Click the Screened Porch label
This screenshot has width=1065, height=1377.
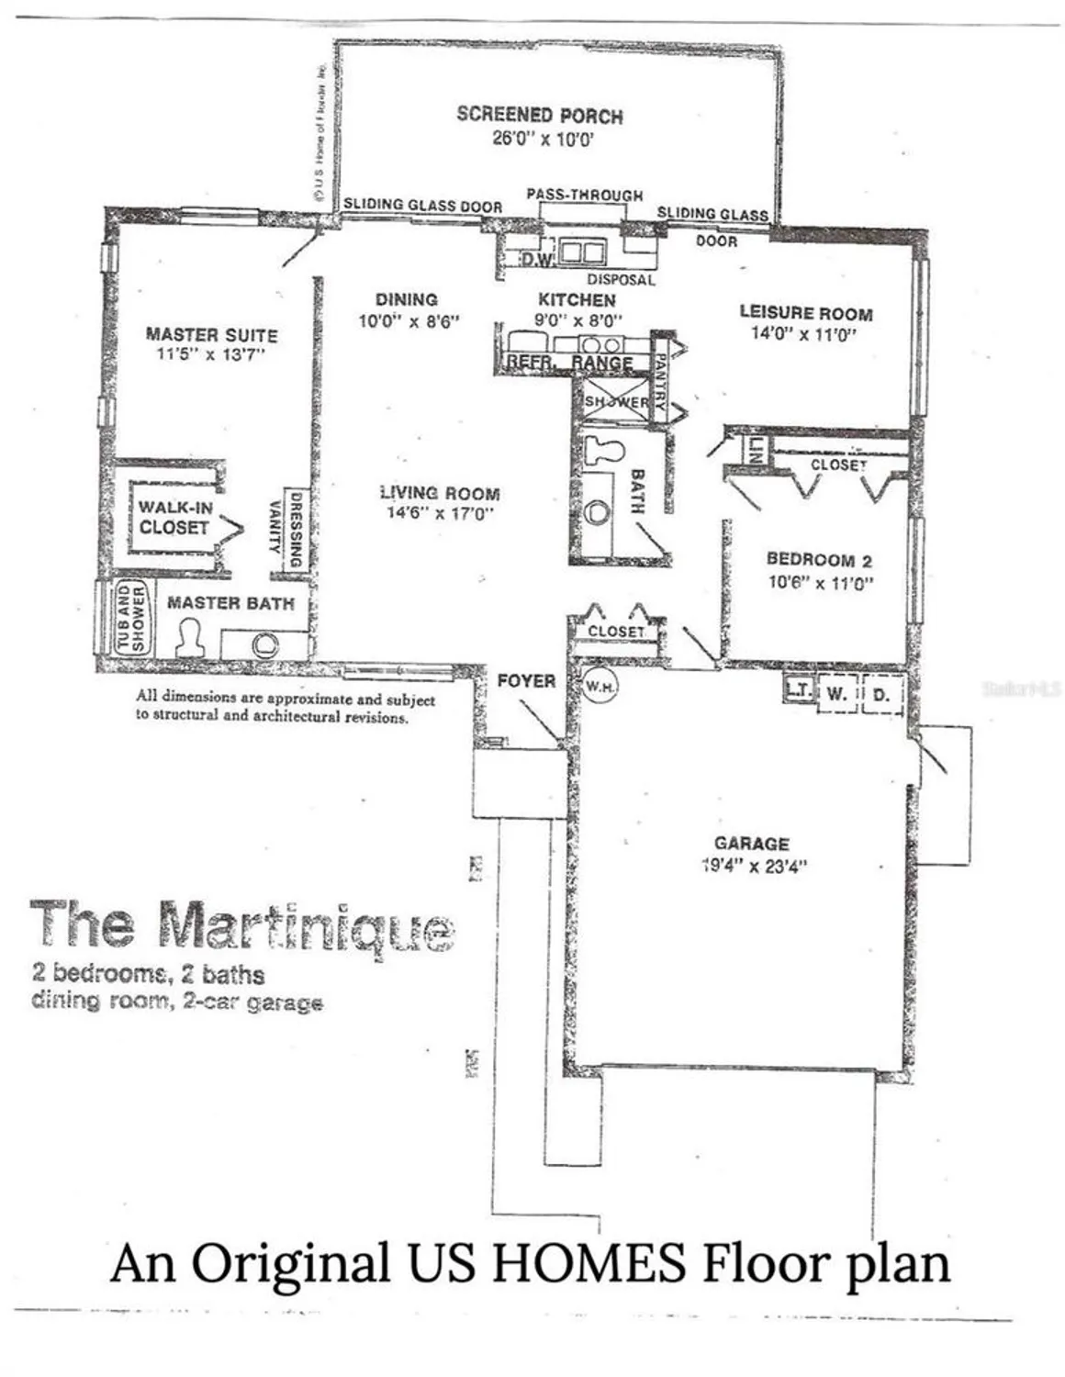pyautogui.click(x=540, y=116)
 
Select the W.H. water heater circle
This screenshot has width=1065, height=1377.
pyautogui.click(x=600, y=687)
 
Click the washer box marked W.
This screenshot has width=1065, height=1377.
pyautogui.click(x=835, y=694)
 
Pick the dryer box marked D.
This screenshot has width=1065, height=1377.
pyautogui.click(x=881, y=695)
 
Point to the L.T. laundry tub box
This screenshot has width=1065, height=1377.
pyautogui.click(x=798, y=688)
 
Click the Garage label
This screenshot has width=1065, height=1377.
pyautogui.click(x=751, y=843)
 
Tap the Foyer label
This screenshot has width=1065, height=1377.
pyautogui.click(x=526, y=680)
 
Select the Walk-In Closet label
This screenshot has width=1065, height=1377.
pyautogui.click(x=174, y=518)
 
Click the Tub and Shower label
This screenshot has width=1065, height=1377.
pyautogui.click(x=131, y=619)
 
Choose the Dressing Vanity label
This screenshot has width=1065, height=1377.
pyautogui.click(x=285, y=530)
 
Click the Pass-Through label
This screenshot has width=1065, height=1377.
pyautogui.click(x=584, y=195)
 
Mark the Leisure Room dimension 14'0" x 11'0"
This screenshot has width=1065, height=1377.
pyautogui.click(x=804, y=334)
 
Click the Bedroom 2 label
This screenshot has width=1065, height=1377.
pyautogui.click(x=819, y=559)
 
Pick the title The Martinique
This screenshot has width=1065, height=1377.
pyautogui.click(x=242, y=924)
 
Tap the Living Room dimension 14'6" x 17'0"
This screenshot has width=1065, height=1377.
pyautogui.click(x=441, y=513)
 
